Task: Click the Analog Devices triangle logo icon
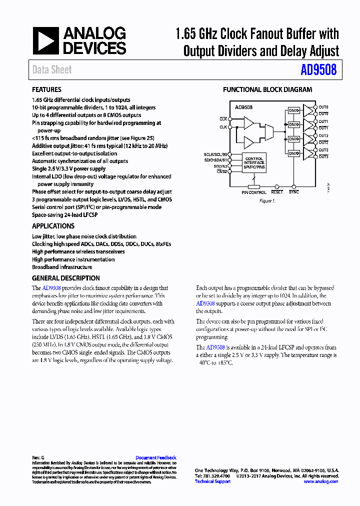point(45,40)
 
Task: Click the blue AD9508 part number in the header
point(318,70)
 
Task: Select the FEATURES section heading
point(46,90)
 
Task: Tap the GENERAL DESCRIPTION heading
point(65,278)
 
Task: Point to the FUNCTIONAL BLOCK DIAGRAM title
point(267,90)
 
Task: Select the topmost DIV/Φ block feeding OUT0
point(294,110)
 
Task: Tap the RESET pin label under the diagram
point(276,192)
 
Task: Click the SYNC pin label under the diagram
point(294,192)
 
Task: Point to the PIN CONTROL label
point(254,192)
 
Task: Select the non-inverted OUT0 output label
point(323,107)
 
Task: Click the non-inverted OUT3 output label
point(323,150)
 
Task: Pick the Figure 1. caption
point(267,200)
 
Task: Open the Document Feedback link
point(155,457)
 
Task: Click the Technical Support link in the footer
point(212,481)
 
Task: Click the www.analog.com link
point(320,481)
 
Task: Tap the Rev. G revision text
point(38,457)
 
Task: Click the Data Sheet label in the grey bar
point(52,70)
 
